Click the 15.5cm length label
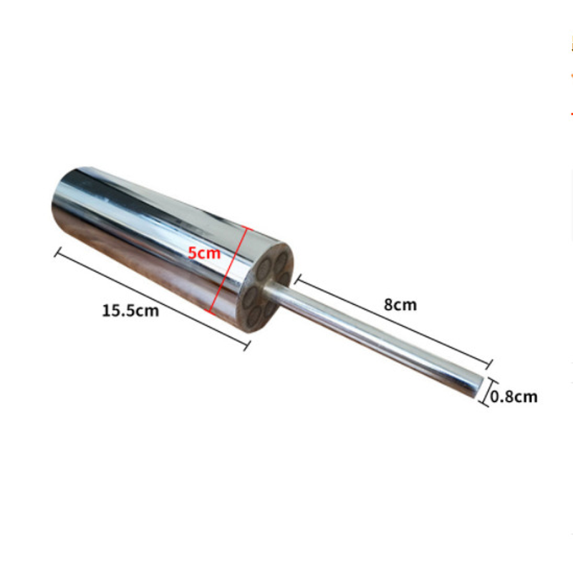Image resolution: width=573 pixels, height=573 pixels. point(130,311)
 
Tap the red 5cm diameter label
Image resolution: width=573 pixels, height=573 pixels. point(204,253)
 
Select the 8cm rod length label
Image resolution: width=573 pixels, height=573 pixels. point(400,304)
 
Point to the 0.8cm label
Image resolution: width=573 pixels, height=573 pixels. point(514,397)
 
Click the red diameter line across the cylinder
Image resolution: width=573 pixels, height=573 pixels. point(230,270)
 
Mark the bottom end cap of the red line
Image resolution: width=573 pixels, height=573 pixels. point(209,312)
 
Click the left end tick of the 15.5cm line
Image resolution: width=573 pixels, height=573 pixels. point(58,252)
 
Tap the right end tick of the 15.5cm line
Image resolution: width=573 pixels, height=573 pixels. point(247,346)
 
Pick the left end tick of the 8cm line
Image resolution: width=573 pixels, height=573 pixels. point(298,279)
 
